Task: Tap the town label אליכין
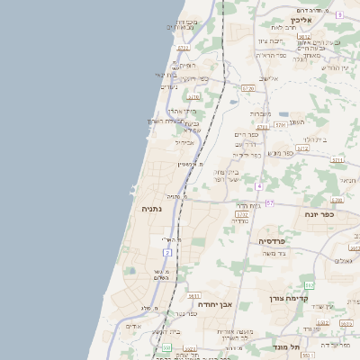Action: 301,20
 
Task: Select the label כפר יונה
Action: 316,214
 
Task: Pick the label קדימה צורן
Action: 289,298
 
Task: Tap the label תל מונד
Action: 309,346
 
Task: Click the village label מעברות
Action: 260,113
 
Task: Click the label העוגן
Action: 296,121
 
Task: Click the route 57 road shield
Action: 269,203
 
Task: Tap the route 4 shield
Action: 258,185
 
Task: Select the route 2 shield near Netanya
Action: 167,252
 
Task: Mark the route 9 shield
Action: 339,15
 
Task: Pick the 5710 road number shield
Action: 193,97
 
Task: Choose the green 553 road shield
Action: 166,346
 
